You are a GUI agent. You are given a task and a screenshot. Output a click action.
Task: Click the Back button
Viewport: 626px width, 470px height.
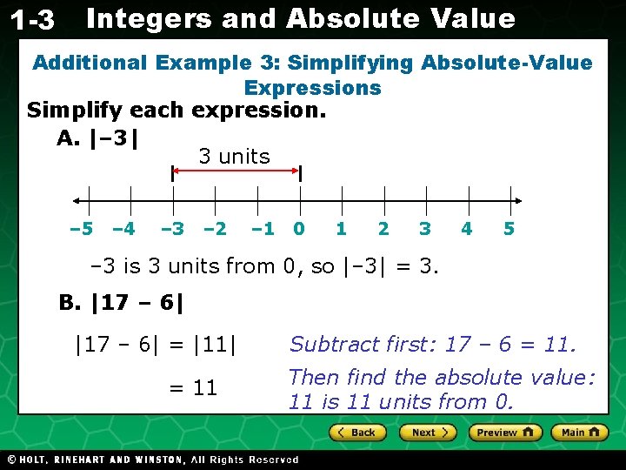(x=357, y=433)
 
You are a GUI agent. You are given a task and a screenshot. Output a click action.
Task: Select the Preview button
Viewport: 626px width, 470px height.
(x=505, y=433)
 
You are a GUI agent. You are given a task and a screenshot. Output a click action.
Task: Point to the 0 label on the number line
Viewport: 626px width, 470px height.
(x=299, y=229)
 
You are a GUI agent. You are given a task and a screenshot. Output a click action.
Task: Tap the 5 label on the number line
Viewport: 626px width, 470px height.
(x=509, y=229)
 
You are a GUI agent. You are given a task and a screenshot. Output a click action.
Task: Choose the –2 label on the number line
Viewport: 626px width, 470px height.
(x=214, y=229)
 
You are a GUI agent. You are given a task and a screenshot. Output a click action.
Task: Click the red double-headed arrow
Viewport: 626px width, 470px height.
(x=236, y=173)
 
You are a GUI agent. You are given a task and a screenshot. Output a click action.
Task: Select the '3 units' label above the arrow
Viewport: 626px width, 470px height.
(x=234, y=157)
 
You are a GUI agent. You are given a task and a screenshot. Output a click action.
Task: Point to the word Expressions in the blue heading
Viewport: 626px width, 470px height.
(x=312, y=88)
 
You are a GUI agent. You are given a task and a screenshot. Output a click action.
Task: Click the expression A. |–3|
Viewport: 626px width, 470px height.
(x=98, y=138)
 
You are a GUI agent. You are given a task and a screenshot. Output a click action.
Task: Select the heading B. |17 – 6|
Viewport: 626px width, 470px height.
(x=122, y=303)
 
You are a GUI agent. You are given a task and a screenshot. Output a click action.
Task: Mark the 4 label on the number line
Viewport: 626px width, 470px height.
(x=467, y=229)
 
